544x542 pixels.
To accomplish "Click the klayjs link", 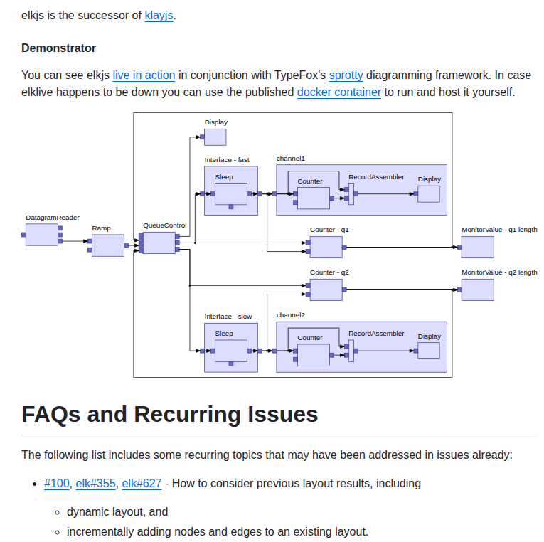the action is pyautogui.click(x=159, y=15).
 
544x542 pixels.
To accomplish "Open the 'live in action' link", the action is pyautogui.click(x=144, y=75).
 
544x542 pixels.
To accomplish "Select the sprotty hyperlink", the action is pyautogui.click(x=346, y=75).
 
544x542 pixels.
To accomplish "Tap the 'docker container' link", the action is pyautogui.click(x=339, y=92).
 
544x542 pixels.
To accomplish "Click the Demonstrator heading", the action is pyautogui.click(x=58, y=48).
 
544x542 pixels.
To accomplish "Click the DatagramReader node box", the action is pyautogui.click(x=42, y=235).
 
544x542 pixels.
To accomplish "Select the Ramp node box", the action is pyautogui.click(x=108, y=245).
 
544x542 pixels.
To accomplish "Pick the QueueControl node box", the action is pyautogui.click(x=159, y=243).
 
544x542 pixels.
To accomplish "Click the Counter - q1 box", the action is pyautogui.click(x=326, y=247).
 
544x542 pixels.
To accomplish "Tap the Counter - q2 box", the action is pyautogui.click(x=326, y=289).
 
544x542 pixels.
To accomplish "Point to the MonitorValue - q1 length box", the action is pyautogui.click(x=477, y=247).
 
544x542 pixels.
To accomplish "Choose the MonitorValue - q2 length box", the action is pyautogui.click(x=477, y=289).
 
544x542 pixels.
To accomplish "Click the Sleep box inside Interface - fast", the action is pyautogui.click(x=231, y=194).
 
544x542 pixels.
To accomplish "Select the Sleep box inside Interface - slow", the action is pyautogui.click(x=231, y=351).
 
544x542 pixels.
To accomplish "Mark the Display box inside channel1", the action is pyautogui.click(x=429, y=194).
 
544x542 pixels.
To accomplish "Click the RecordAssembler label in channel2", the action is pyautogui.click(x=376, y=334).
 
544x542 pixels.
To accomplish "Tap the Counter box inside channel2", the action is pyautogui.click(x=314, y=355).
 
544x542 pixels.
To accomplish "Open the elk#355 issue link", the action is pyautogui.click(x=95, y=484).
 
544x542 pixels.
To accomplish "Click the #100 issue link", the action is pyautogui.click(x=57, y=484).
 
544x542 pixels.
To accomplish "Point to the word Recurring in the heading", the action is pyautogui.click(x=188, y=414).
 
